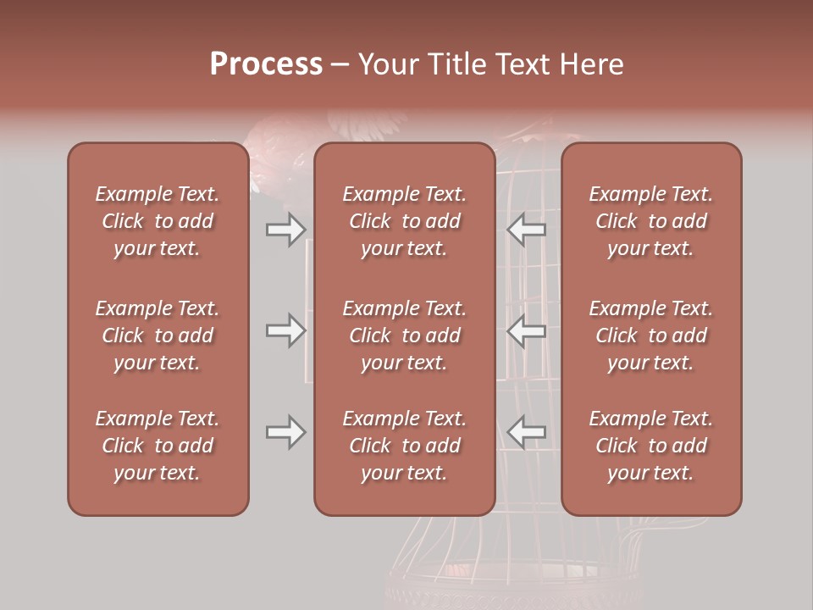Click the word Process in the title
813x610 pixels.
coord(266,64)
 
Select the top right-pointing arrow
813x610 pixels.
coord(285,229)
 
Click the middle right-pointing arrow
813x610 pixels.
coord(285,330)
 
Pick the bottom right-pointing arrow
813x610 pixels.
coord(285,432)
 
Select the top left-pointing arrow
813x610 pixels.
coord(527,229)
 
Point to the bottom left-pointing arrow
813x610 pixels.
coord(527,432)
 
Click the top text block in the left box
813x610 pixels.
coord(158,221)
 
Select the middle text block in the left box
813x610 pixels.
coord(158,335)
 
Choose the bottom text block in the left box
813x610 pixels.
coord(158,446)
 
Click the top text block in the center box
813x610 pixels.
coord(405,221)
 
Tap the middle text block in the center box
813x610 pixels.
coord(405,335)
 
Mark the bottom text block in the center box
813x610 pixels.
coord(405,446)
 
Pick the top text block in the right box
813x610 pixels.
coord(651,221)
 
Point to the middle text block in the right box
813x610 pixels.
coord(651,335)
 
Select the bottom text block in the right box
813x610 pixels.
coord(651,446)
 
